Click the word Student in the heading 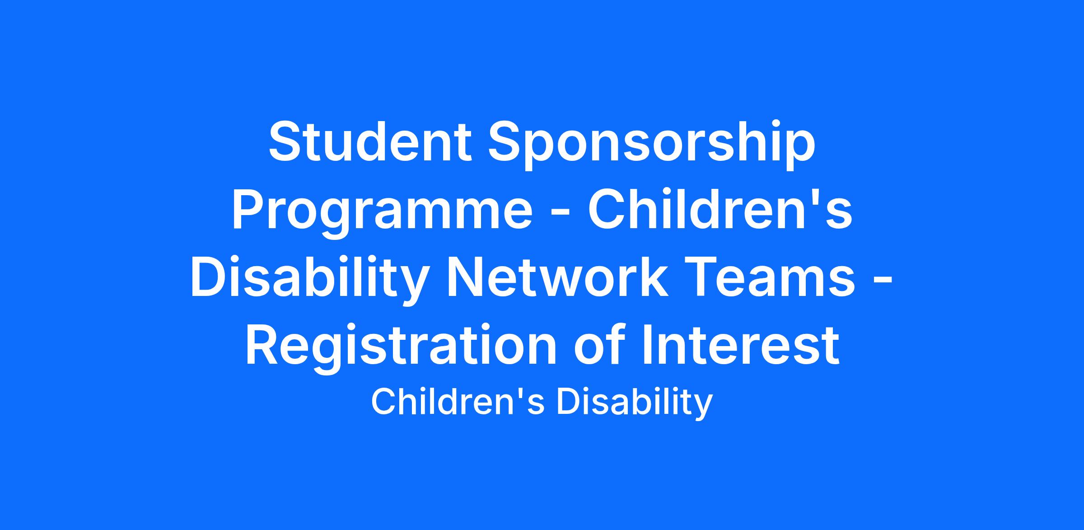point(370,141)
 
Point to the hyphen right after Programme point(560,215)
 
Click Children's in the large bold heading point(720,208)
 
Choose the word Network point(557,276)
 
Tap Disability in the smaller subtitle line point(635,404)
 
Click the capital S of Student point(285,141)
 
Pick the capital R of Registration point(263,344)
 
